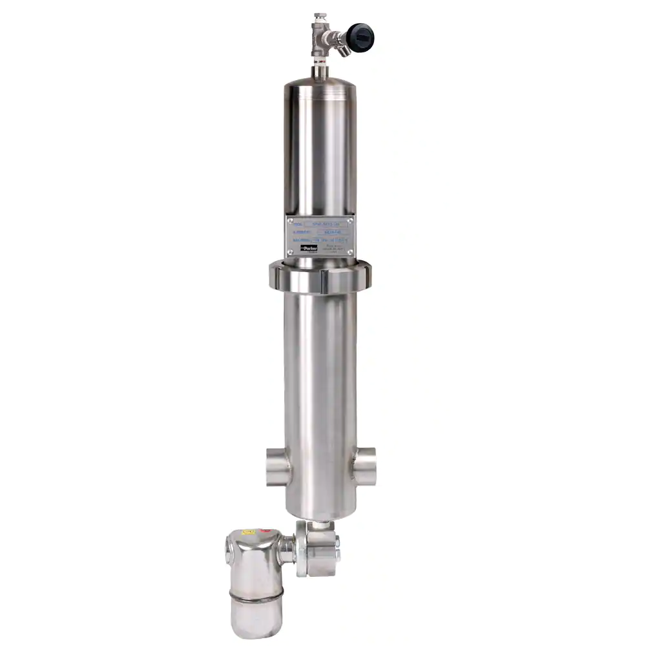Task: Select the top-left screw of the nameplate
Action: [x=290, y=221]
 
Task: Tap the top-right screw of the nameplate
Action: [x=350, y=221]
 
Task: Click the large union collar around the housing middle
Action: [x=319, y=276]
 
